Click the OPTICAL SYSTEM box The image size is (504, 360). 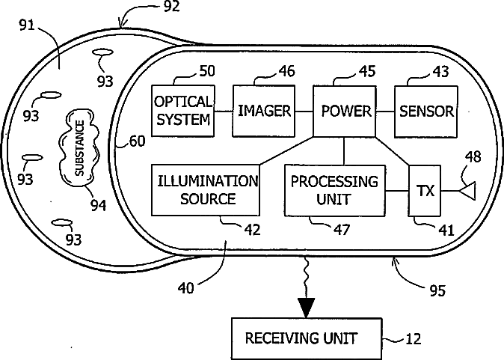click(x=183, y=111)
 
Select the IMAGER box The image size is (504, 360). click(x=264, y=111)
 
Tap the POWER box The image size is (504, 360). click(x=344, y=112)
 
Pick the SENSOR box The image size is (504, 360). click(x=426, y=112)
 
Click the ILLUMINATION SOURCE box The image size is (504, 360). click(x=206, y=190)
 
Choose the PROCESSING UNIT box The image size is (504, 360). click(x=335, y=190)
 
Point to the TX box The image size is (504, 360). click(x=425, y=191)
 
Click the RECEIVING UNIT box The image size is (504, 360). click(x=307, y=339)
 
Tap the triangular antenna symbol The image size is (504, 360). click(x=467, y=191)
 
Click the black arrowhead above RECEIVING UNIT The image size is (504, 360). click(x=306, y=308)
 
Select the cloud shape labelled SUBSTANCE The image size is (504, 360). click(x=79, y=147)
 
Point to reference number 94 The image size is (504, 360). click(x=98, y=205)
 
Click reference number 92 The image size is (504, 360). click(x=172, y=7)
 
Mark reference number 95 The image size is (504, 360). click(x=437, y=291)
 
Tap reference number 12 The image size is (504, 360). click(x=413, y=339)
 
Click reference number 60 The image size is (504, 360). click(x=138, y=141)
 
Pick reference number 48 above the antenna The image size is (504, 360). click(x=473, y=157)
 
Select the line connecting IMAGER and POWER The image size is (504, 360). click(x=304, y=112)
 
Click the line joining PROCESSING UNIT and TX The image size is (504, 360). click(x=397, y=191)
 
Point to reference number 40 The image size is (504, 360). click(x=186, y=288)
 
